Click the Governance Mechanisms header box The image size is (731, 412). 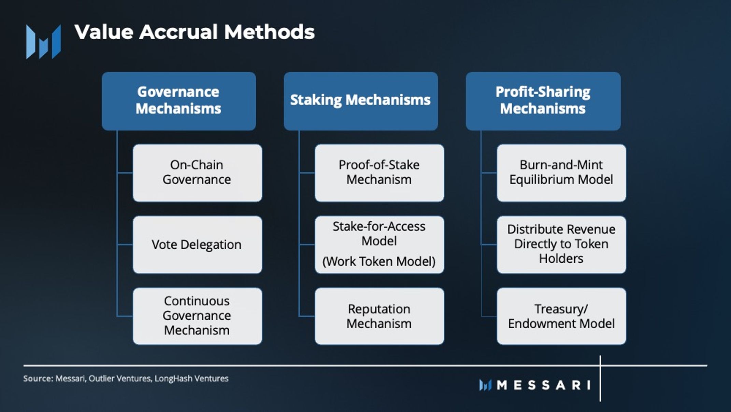(178, 101)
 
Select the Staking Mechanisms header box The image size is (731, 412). (360, 101)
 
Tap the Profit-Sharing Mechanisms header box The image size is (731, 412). (543, 101)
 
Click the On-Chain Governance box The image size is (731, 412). (197, 173)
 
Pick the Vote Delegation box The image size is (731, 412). (197, 245)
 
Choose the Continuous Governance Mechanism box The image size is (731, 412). (197, 316)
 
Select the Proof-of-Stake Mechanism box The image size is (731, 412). (379, 173)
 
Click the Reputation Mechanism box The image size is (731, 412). (379, 316)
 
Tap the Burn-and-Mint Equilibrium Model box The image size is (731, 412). (561, 173)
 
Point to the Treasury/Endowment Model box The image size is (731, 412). (561, 316)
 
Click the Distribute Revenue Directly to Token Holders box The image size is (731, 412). (561, 244)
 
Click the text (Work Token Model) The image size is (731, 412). (379, 262)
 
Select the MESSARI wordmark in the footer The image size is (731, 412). (544, 385)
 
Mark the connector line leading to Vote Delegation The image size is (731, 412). (125, 245)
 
